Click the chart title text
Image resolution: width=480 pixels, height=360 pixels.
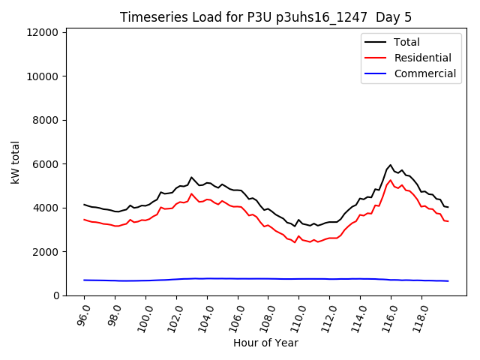pyautogui.click(x=266, y=17)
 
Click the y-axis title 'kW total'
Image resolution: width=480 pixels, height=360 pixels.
pyautogui.click(x=16, y=161)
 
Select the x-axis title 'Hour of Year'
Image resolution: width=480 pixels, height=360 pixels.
pyautogui.click(x=265, y=343)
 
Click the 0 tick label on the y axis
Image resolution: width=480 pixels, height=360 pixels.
pyautogui.click(x=56, y=295)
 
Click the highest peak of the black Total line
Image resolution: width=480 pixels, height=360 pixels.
pyautogui.click(x=390, y=165)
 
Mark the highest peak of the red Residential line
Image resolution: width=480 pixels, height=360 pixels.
pyautogui.click(x=390, y=180)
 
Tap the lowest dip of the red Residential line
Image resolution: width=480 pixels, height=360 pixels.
pyautogui.click(x=295, y=242)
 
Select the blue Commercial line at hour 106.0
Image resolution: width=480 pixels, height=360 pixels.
pyautogui.click(x=238, y=278)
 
